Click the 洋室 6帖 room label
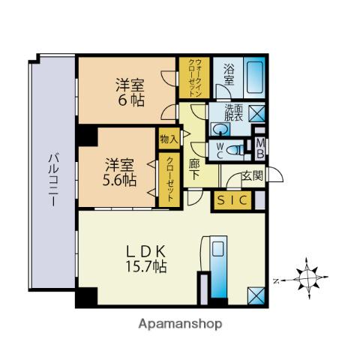point(130,92)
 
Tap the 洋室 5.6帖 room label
point(119,172)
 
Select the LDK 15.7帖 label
point(146,259)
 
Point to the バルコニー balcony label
point(53,180)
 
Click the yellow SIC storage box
point(232,200)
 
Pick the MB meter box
point(260,149)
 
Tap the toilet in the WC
point(235,151)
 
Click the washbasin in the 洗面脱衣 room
point(220,129)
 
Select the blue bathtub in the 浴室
point(254,78)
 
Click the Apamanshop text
point(180,324)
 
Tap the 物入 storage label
point(169,139)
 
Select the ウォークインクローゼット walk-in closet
point(194,78)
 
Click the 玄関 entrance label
point(252,175)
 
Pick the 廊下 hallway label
point(194,169)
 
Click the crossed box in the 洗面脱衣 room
point(257,113)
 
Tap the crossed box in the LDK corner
point(256,295)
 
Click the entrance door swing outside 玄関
point(275,174)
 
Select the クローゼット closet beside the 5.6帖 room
point(169,180)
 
